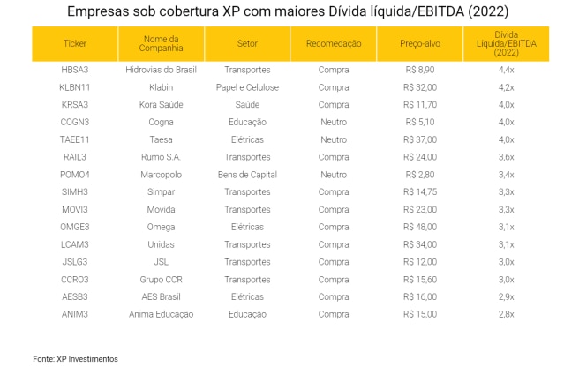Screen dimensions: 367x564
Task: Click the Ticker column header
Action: (75, 43)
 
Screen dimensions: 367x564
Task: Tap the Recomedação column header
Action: (334, 43)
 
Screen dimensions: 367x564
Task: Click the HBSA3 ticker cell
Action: (75, 70)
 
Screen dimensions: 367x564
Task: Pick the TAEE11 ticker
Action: (75, 139)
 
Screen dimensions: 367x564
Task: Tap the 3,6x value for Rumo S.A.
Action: (506, 157)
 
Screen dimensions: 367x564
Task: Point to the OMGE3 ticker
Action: (75, 227)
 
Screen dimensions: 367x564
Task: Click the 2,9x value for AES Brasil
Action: (506, 296)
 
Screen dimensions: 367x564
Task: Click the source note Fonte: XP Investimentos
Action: (75, 359)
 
